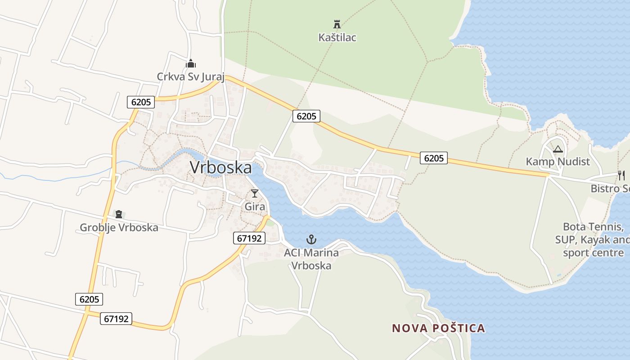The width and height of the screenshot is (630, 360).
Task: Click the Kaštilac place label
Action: point(337,37)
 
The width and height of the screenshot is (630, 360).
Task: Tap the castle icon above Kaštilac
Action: point(337,24)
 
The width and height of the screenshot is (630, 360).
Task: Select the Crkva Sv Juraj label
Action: point(190,76)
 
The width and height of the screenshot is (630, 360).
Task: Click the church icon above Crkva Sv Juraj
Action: point(191,63)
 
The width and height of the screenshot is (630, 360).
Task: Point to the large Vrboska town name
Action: point(220,167)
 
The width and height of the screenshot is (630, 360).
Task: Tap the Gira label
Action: point(255,207)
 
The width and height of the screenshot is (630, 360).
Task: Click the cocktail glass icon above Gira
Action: point(255,193)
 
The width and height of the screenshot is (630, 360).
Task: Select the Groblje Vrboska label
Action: point(119,227)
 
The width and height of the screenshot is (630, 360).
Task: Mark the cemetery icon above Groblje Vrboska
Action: point(119,214)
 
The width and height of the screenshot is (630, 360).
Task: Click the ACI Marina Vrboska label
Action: point(311,259)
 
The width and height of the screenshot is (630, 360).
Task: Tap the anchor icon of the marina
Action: point(311,239)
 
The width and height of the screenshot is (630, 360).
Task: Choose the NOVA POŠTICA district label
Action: point(438,328)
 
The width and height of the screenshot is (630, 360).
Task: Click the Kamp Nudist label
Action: point(558,162)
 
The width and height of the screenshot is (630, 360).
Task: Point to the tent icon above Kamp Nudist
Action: point(558,149)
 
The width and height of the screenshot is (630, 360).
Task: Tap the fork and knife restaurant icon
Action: point(621,175)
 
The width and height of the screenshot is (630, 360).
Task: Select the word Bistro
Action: point(605,188)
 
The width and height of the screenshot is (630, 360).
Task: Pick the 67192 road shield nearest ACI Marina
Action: point(249,238)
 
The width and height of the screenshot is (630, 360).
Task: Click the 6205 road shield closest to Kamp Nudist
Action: point(434,158)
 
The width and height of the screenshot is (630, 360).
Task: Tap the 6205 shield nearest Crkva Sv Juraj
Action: point(141,102)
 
